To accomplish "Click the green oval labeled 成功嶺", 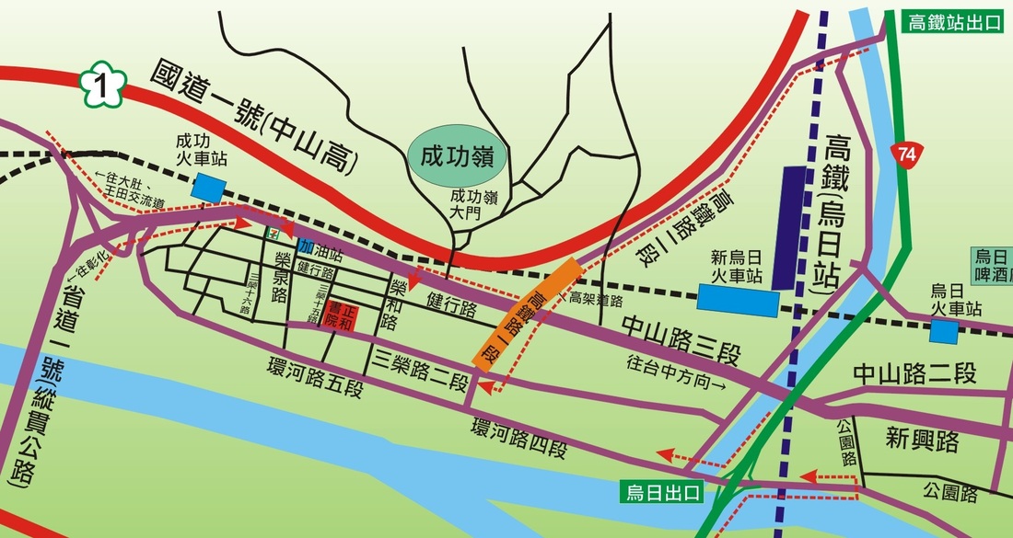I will pos(458,155).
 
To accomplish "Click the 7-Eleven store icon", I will pos(274,235).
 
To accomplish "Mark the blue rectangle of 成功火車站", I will pos(209,189).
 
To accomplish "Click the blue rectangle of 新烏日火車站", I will pos(737,297).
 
